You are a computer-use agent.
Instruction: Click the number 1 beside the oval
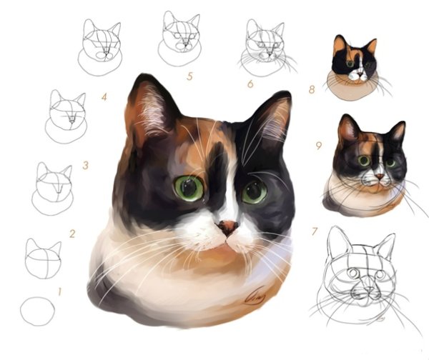[x=59, y=291]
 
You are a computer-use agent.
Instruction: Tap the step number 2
[x=72, y=234]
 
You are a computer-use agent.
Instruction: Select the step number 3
[x=86, y=166]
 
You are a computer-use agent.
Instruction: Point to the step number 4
[x=104, y=97]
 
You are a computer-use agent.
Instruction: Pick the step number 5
[x=189, y=76]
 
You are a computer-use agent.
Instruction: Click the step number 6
[x=250, y=84]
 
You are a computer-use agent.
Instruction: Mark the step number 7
[x=315, y=231]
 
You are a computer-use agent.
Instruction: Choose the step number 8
[x=312, y=89]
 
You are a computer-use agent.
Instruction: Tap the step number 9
[x=319, y=146]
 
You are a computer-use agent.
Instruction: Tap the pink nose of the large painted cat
[x=227, y=227]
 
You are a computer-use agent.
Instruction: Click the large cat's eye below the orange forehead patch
[x=189, y=188]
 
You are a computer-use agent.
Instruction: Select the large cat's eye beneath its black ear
[x=254, y=192]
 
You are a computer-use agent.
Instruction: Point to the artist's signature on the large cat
[x=255, y=296]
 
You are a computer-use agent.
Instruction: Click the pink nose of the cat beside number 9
[x=380, y=176]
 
